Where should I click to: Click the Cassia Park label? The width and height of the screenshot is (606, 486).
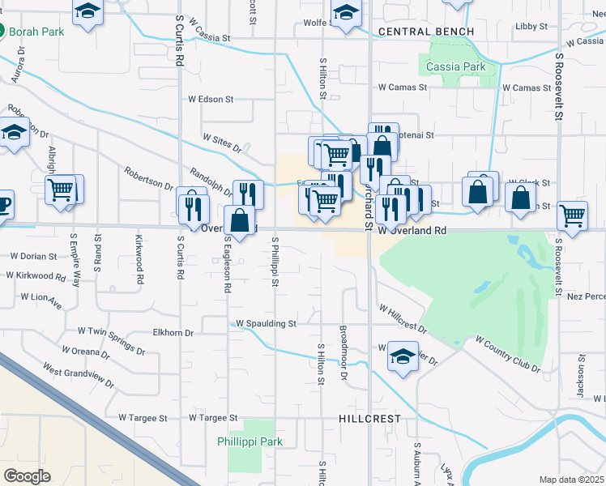click(x=455, y=66)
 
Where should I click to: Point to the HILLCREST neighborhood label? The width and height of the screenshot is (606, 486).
click(x=369, y=418)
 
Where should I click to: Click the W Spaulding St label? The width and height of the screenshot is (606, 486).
click(x=266, y=323)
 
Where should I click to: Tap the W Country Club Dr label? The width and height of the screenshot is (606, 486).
click(x=507, y=354)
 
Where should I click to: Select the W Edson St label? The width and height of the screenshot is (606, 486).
click(x=211, y=100)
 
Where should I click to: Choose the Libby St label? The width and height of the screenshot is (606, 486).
click(x=531, y=26)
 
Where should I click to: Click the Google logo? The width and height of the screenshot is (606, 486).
click(x=28, y=475)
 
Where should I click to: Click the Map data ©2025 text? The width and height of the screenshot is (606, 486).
click(x=572, y=480)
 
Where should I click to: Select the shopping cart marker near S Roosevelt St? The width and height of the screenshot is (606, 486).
click(x=572, y=215)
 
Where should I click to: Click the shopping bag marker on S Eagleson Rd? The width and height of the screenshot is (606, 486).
click(x=240, y=220)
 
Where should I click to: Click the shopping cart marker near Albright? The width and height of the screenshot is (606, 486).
click(x=61, y=190)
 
